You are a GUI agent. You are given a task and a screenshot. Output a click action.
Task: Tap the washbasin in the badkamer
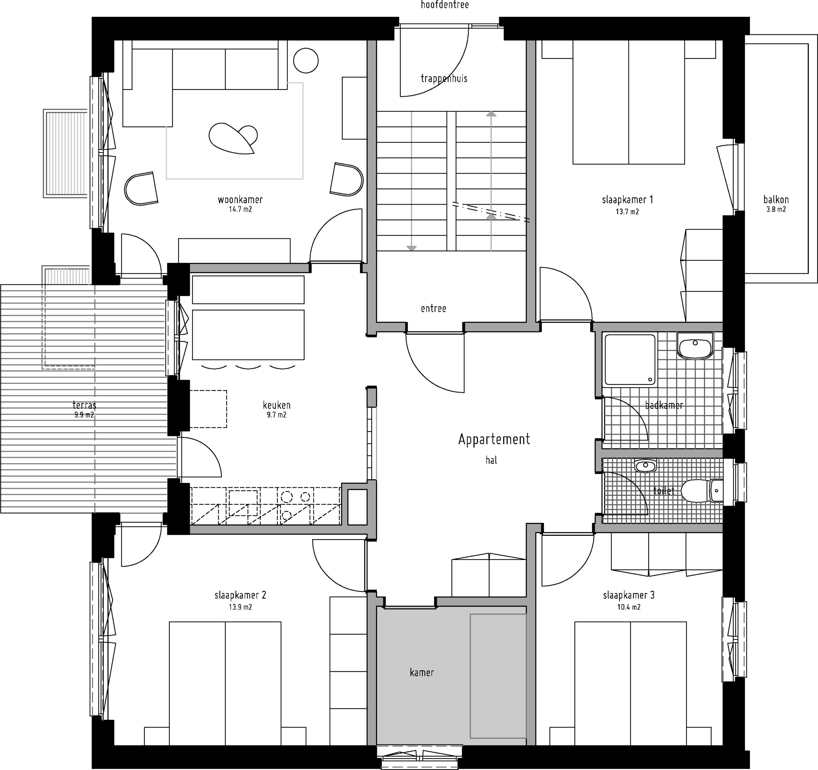pos(695,346)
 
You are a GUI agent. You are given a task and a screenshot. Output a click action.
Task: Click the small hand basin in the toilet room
pos(645,466)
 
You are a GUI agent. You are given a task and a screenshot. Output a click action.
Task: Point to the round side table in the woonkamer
pos(306,60)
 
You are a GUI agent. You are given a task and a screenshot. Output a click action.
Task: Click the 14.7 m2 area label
pos(240,209)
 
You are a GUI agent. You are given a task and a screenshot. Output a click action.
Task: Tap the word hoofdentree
pos(444,5)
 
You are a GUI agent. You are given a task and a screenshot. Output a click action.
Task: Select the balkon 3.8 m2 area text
pos(776,204)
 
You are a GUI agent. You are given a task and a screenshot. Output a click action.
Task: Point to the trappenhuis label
pos(444,78)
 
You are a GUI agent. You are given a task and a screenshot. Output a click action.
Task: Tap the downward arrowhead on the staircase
pos(412,248)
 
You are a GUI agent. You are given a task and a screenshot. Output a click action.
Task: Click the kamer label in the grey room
pos(422,673)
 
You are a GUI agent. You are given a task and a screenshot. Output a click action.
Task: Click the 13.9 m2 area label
pos(240,607)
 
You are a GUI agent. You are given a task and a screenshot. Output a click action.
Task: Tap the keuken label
pos(276,405)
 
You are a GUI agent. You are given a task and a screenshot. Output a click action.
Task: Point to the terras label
pos(84,405)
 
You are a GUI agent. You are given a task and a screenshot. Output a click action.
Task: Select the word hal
pos(491,460)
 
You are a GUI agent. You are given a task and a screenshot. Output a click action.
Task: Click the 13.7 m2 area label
pos(627,212)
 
